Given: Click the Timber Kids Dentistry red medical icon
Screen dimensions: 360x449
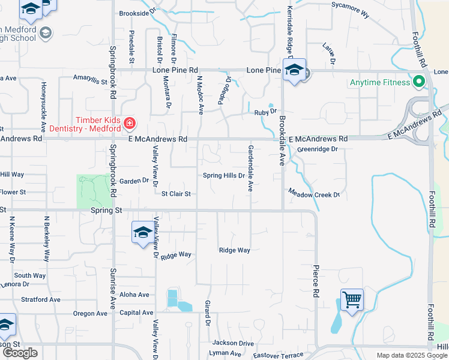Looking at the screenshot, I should coord(129,124).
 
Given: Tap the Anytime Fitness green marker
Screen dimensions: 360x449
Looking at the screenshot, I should coord(415,82).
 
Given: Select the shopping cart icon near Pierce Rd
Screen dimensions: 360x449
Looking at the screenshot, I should coord(352,299).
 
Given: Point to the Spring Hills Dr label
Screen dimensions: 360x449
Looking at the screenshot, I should coord(224,176).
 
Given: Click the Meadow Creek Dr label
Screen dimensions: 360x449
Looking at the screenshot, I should coord(314,194).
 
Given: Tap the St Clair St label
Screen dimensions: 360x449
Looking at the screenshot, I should coord(176,194).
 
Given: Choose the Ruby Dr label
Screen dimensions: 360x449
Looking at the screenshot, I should coord(265,112).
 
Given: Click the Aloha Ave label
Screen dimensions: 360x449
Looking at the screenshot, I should coord(134,295).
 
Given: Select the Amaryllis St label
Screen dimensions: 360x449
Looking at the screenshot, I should coord(89,78).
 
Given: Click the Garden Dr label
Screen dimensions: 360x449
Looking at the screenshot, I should coord(133,180).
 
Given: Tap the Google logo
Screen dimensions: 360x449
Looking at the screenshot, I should coord(20,353).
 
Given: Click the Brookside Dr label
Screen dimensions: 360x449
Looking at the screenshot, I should coord(137,12).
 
